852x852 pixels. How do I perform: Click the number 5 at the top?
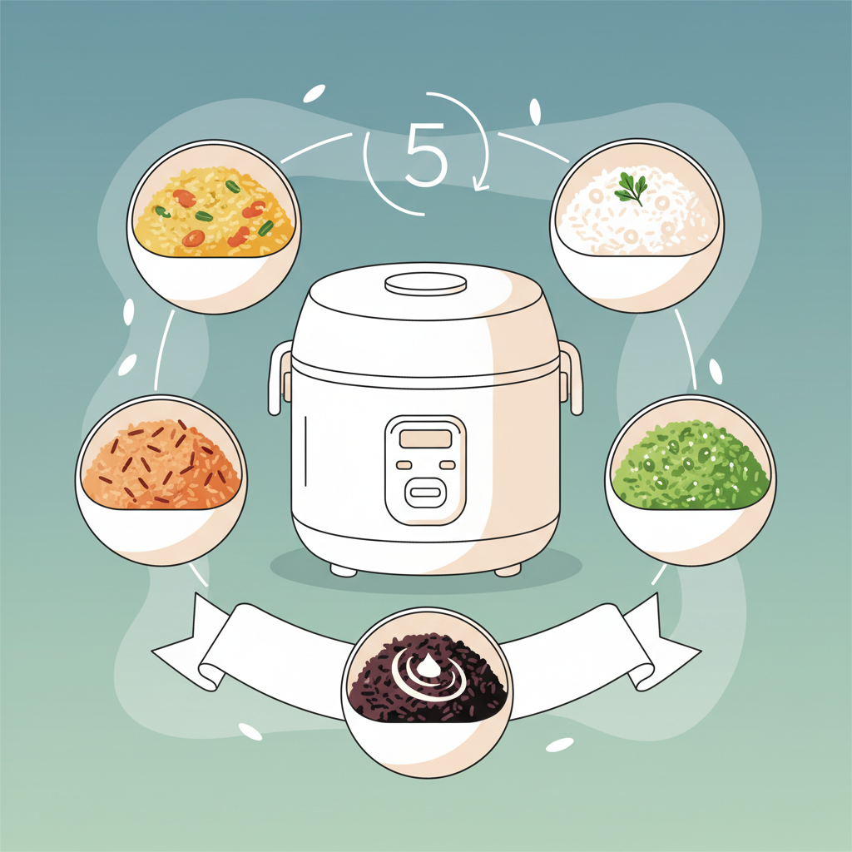point(427,155)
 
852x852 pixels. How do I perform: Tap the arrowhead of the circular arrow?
point(480,185)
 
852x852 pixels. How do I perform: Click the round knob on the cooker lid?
point(425,284)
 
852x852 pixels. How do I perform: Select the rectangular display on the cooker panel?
point(425,438)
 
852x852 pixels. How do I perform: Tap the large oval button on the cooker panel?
point(425,493)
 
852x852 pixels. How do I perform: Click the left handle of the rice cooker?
point(280,378)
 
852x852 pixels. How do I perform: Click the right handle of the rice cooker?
point(571,378)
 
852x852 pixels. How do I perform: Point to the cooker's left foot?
point(344,570)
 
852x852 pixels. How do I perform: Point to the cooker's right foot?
point(508,570)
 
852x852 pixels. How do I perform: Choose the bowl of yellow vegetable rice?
point(214,226)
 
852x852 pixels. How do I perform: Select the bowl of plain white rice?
point(637,225)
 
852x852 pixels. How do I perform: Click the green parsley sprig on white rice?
point(631,188)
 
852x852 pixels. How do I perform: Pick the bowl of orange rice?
point(161,480)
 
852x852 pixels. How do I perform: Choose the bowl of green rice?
point(691,480)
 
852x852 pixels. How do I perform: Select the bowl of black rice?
point(427,692)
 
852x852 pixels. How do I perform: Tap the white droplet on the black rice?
point(428,666)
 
